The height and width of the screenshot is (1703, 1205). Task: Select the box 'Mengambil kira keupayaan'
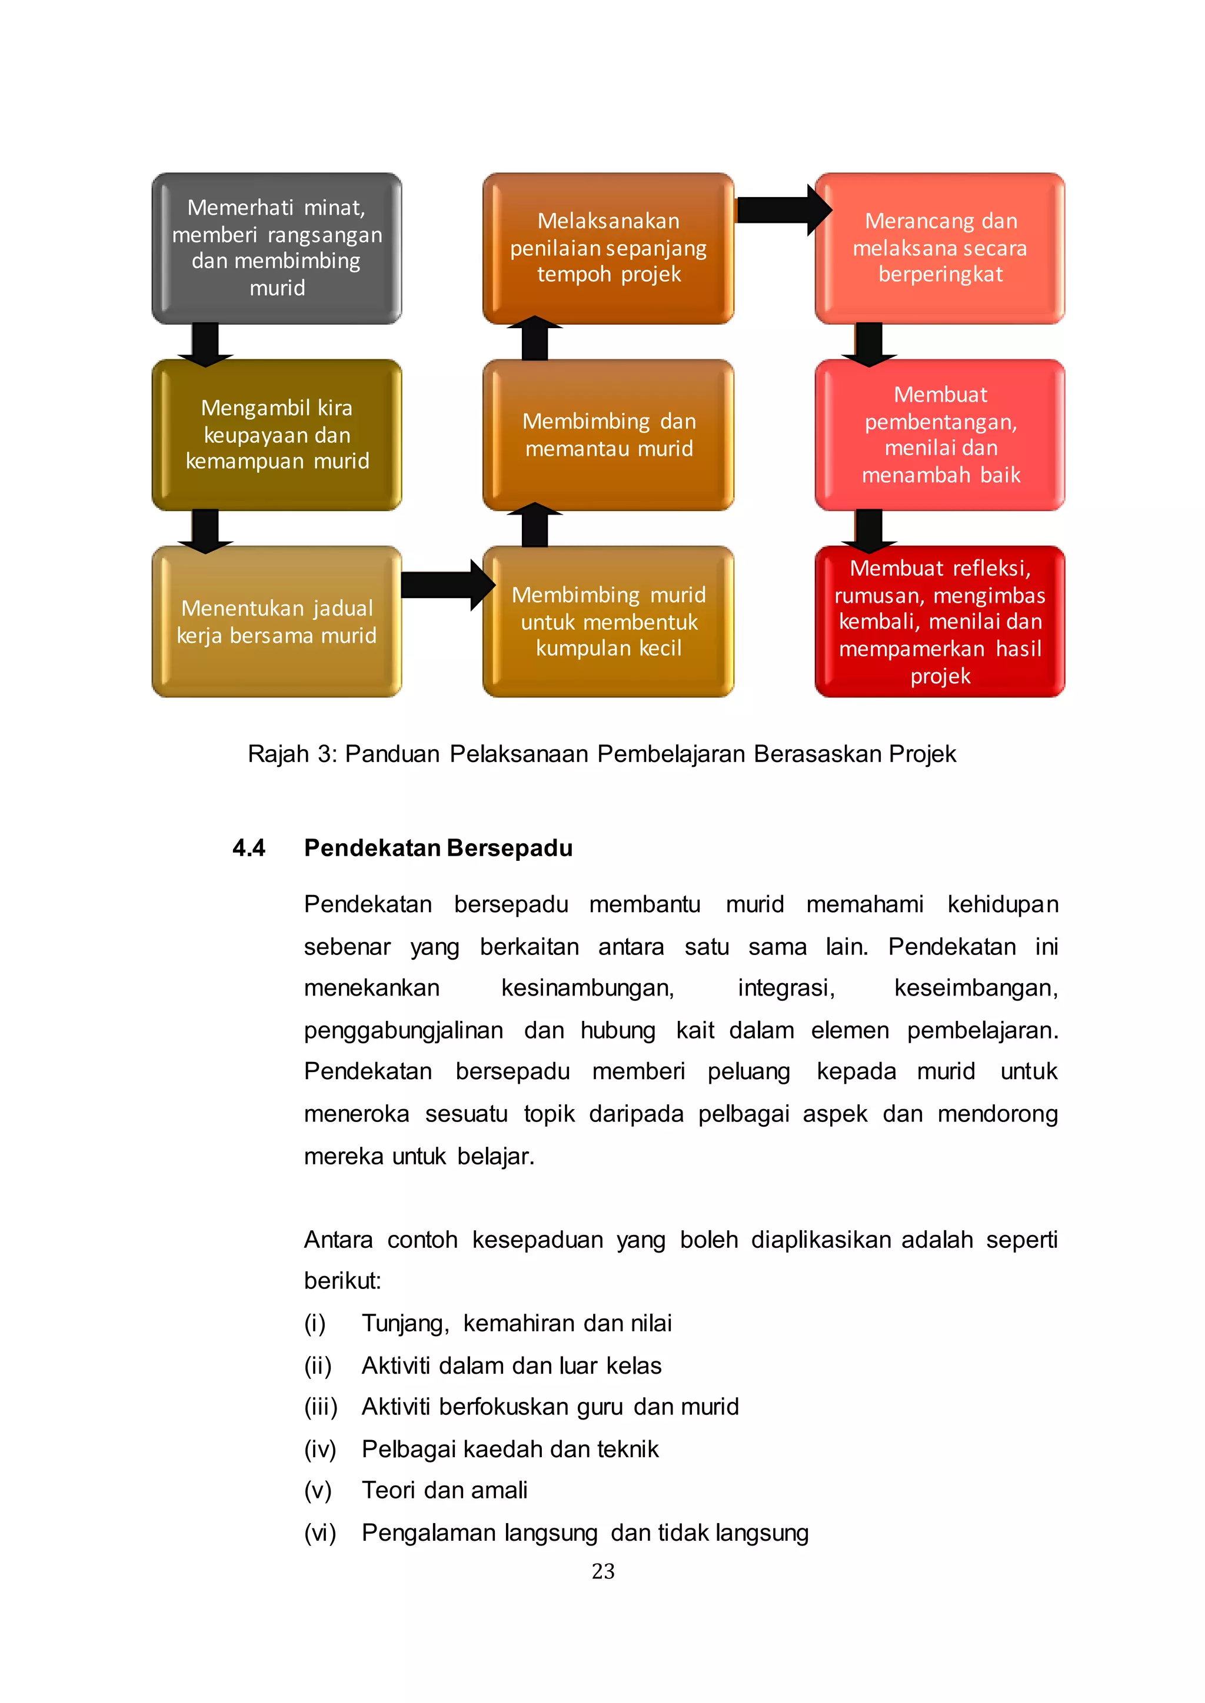click(277, 435)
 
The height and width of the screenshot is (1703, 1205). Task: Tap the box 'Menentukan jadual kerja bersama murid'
click(277, 622)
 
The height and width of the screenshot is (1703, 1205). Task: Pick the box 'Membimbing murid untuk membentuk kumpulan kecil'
click(608, 622)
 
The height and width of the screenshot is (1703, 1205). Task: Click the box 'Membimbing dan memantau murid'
click(608, 435)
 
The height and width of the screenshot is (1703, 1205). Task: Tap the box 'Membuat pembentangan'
click(940, 435)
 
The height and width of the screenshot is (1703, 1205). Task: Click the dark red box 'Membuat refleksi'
click(940, 622)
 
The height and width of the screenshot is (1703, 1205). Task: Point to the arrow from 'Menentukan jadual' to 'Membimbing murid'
click(445, 585)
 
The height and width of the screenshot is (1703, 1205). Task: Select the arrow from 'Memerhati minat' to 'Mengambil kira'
click(205, 344)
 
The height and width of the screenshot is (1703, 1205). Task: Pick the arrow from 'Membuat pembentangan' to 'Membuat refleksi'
click(869, 530)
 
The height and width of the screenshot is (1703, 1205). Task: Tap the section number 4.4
click(248, 848)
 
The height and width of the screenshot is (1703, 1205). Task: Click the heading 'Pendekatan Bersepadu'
click(438, 848)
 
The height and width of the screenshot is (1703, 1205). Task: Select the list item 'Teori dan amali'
click(444, 1490)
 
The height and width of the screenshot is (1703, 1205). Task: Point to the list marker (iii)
click(321, 1407)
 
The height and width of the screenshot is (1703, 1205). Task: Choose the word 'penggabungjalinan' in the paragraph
click(403, 1030)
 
